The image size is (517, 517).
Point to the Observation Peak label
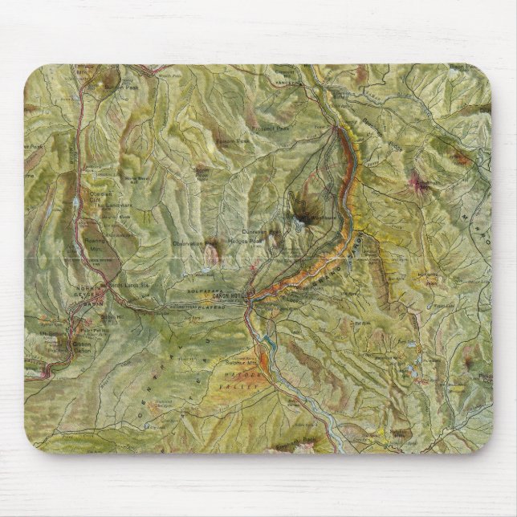(195, 242)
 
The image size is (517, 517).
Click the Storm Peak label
(202, 171)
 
